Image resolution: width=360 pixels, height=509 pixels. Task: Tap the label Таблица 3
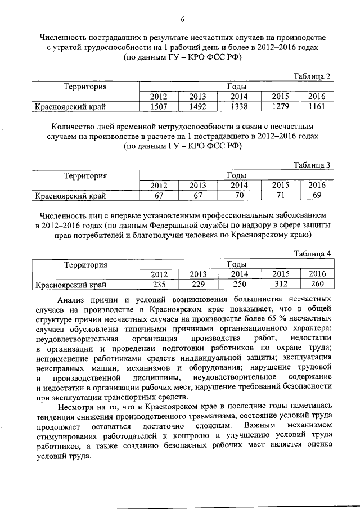pyautogui.click(x=312, y=164)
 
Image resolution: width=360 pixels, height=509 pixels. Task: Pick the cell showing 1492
pyautogui.click(x=197, y=105)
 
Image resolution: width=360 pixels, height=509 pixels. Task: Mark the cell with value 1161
pyautogui.click(x=317, y=105)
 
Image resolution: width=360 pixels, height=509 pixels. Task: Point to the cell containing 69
pyautogui.click(x=317, y=195)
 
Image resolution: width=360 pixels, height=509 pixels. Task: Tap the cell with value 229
pyautogui.click(x=197, y=284)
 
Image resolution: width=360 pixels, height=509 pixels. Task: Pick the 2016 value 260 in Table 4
pyautogui.click(x=317, y=284)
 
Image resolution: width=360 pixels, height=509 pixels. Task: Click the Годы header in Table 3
pyautogui.click(x=236, y=175)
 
